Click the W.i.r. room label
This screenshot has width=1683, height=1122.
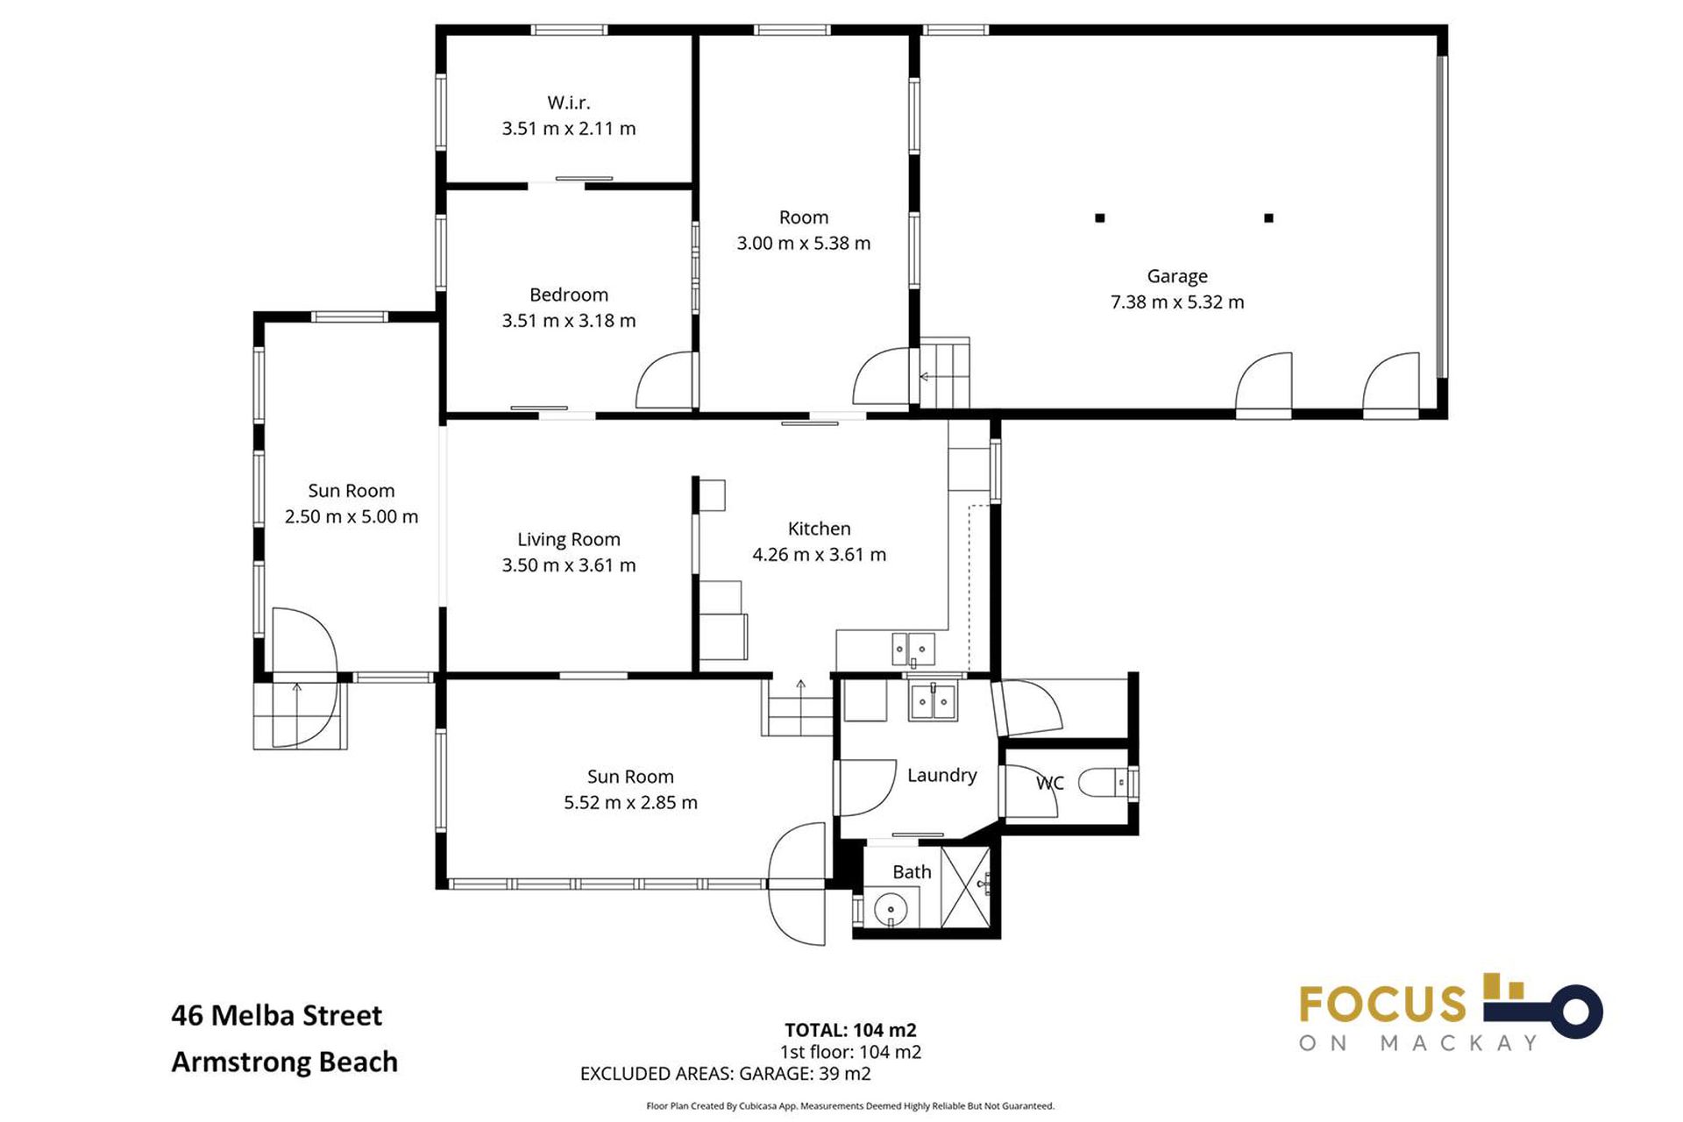[568, 103]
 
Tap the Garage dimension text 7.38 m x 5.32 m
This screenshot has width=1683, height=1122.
[1177, 302]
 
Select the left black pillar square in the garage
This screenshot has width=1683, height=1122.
[1100, 218]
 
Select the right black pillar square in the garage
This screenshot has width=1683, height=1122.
[1268, 218]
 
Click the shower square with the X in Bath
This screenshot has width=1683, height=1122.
[965, 886]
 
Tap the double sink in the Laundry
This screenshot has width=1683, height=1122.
[933, 702]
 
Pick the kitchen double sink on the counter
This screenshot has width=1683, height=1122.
[913, 650]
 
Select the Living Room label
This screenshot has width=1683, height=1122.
[568, 539]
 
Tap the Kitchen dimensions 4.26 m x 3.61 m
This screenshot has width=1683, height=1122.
[819, 554]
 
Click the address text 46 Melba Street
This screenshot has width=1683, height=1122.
[276, 1015]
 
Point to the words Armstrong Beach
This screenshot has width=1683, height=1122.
[284, 1062]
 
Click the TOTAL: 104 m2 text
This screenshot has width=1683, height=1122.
[850, 1030]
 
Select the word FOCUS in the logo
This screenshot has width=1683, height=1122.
[1382, 1005]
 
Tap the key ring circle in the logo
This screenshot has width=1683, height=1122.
[1575, 1012]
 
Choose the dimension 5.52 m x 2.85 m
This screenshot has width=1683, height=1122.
[630, 802]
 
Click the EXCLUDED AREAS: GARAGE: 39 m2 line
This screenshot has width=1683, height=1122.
[725, 1073]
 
